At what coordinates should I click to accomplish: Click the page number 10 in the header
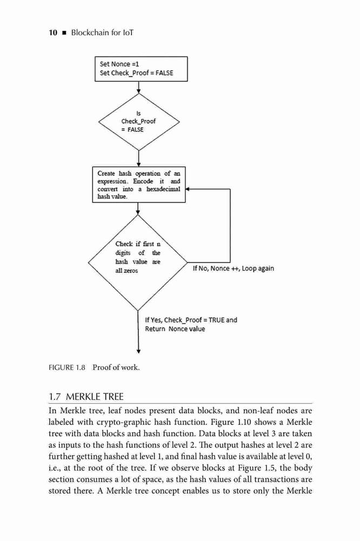tap(53, 33)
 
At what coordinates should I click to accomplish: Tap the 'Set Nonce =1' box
tap(141, 69)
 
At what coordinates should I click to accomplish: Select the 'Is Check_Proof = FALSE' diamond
tap(138, 122)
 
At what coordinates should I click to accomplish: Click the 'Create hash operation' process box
tap(139, 184)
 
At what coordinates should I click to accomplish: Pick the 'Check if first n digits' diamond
tap(138, 262)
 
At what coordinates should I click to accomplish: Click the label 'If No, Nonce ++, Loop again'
tap(234, 268)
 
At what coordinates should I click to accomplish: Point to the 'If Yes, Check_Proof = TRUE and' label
tap(191, 320)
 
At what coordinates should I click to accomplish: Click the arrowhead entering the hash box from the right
tap(188, 189)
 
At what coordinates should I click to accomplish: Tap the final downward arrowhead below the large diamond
tap(138, 351)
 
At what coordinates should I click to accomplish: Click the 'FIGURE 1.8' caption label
tap(67, 367)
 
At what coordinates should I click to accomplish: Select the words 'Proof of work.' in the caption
tap(116, 367)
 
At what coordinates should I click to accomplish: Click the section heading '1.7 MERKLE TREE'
tap(86, 397)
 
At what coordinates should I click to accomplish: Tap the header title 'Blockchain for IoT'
tap(102, 33)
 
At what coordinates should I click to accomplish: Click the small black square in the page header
tap(64, 33)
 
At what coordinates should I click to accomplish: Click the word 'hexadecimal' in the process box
tap(163, 189)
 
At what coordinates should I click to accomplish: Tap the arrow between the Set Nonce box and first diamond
tap(138, 87)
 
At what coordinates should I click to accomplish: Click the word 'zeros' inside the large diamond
tap(130, 271)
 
